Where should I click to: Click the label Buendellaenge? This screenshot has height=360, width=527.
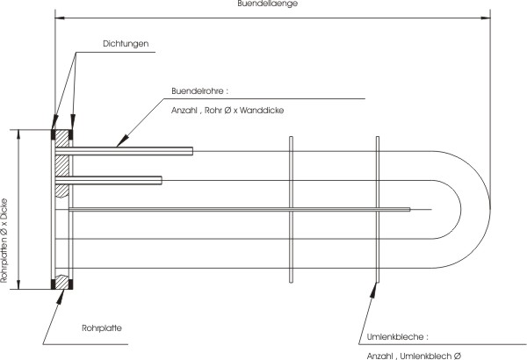tap(268, 4)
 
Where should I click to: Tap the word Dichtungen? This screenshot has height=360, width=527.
tap(126, 44)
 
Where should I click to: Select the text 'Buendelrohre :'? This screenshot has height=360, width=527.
tap(199, 91)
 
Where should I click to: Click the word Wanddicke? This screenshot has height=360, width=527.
tap(262, 111)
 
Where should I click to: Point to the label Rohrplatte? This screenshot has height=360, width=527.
tap(102, 328)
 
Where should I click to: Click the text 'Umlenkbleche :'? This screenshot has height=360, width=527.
tap(398, 337)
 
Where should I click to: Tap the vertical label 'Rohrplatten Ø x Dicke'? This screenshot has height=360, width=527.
tap(4, 241)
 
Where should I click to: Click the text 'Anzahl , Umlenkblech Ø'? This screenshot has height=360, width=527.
tap(414, 356)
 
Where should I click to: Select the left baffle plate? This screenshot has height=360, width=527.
tap(291, 209)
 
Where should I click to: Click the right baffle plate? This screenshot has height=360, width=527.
tap(378, 209)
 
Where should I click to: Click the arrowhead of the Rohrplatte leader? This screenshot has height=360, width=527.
tap(61, 297)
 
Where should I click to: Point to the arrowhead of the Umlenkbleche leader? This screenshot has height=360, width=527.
tap(373, 290)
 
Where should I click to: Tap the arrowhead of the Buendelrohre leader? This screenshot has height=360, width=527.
tap(123, 140)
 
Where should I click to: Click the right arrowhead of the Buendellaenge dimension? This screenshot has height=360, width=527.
tap(486, 18)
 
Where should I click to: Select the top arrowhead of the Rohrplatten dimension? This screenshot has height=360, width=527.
tap(18, 134)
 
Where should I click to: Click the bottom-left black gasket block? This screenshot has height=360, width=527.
tap(53, 284)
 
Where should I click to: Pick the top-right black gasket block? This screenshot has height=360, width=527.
tap(70, 134)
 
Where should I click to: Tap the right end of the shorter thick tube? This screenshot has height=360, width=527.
tap(162, 180)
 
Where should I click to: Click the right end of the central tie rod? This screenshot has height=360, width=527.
tap(409, 210)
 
